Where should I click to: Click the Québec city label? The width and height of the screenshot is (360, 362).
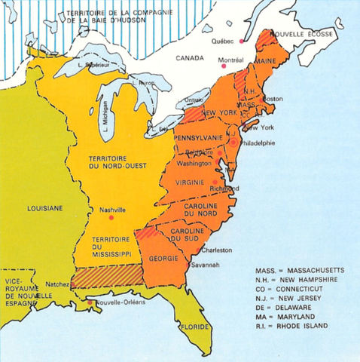[x=227, y=41]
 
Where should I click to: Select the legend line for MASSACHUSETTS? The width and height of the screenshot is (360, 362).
[x=299, y=268]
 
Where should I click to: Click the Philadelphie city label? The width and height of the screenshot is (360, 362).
[x=260, y=143]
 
